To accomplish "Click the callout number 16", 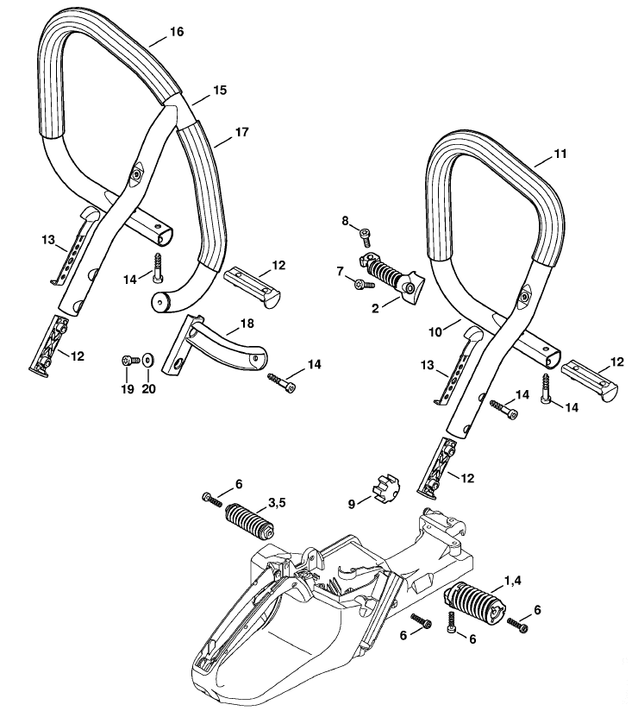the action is click(177, 32).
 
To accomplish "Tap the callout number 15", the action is click(220, 91).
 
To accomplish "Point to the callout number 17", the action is click(242, 132).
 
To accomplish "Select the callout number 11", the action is click(560, 154).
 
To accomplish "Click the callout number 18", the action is click(247, 324).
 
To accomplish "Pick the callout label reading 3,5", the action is click(277, 502).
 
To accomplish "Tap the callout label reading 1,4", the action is click(513, 581).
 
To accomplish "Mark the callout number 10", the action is click(435, 332).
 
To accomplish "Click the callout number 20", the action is click(148, 388).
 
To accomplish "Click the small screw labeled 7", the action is click(365, 284).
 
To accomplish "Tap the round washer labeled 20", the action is click(147, 360).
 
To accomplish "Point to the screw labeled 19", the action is click(130, 361).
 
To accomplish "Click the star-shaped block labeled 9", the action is click(386, 491).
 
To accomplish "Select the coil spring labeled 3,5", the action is click(250, 521).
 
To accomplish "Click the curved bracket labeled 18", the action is click(214, 344).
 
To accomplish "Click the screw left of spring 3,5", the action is click(212, 500).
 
